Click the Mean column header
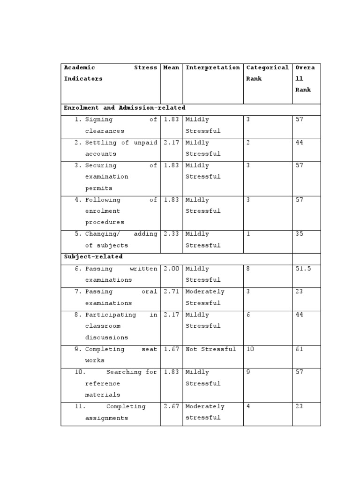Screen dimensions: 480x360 click(x=171, y=68)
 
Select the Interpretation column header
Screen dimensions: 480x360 click(x=212, y=68)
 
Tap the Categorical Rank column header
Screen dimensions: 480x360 click(x=267, y=73)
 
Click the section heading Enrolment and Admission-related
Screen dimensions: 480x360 click(x=124, y=108)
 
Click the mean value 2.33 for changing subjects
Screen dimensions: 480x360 click(x=171, y=234)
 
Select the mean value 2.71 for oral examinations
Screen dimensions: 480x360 click(x=171, y=292)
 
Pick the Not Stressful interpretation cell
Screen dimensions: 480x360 click(x=210, y=349)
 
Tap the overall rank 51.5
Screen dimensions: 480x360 click(x=303, y=269)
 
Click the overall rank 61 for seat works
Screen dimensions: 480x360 click(x=299, y=349)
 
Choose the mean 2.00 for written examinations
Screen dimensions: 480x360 click(x=171, y=269)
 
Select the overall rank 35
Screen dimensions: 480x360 click(x=299, y=234)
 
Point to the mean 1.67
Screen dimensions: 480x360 click(x=171, y=349)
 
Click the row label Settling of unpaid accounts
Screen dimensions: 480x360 click(x=120, y=148)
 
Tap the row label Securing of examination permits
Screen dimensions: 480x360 click(x=120, y=177)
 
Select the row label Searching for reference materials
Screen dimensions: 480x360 click(x=120, y=383)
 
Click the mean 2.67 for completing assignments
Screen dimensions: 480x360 click(x=171, y=406)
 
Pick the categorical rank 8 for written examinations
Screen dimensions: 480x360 click(x=248, y=269)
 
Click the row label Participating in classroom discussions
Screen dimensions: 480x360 click(x=120, y=326)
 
